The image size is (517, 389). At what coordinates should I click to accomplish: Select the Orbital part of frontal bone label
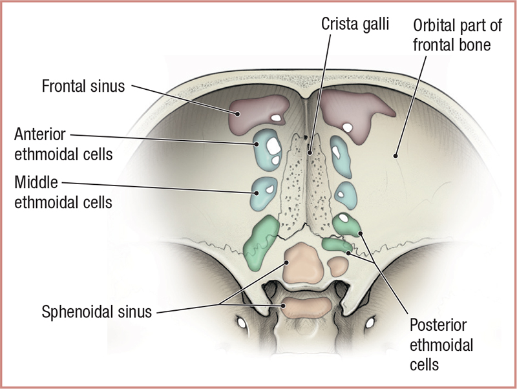(452, 36)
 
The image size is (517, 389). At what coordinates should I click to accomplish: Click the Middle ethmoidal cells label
(63, 192)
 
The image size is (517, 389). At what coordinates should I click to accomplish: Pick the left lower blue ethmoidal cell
(263, 190)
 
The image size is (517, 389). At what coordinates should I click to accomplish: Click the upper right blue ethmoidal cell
(338, 152)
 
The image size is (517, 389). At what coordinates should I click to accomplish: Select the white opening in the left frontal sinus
(277, 118)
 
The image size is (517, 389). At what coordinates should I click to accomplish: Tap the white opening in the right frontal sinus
(348, 127)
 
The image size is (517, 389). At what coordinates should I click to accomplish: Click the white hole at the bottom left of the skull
(243, 321)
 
